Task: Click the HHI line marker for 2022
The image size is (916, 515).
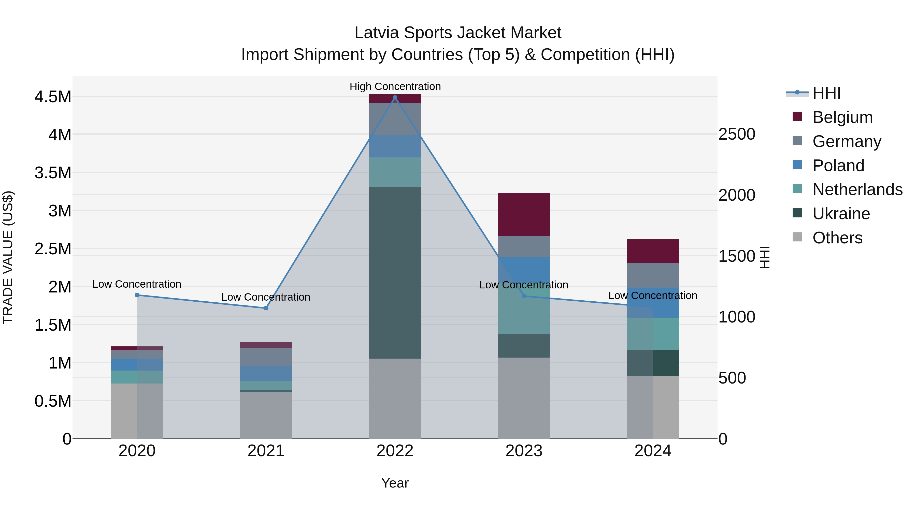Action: coord(395,97)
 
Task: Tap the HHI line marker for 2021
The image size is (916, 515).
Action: coord(266,308)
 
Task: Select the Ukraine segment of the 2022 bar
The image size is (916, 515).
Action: coord(395,273)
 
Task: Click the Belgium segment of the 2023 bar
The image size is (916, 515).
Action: coord(524,214)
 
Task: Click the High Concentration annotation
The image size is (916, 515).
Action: coord(395,86)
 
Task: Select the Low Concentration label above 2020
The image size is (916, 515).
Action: coord(137,284)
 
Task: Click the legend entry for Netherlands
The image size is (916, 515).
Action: coord(857,189)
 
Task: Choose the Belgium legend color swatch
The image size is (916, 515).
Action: coord(797,116)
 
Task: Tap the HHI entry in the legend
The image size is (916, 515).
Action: coord(826,93)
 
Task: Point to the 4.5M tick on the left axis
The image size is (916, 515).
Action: coord(53,97)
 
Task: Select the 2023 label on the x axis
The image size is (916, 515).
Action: coord(524,451)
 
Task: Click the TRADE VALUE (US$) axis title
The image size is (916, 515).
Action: coord(8,257)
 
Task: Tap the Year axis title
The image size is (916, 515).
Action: coord(395,483)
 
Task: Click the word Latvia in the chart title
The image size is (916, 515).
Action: coord(377,33)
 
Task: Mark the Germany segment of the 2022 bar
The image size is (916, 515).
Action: coord(395,119)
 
